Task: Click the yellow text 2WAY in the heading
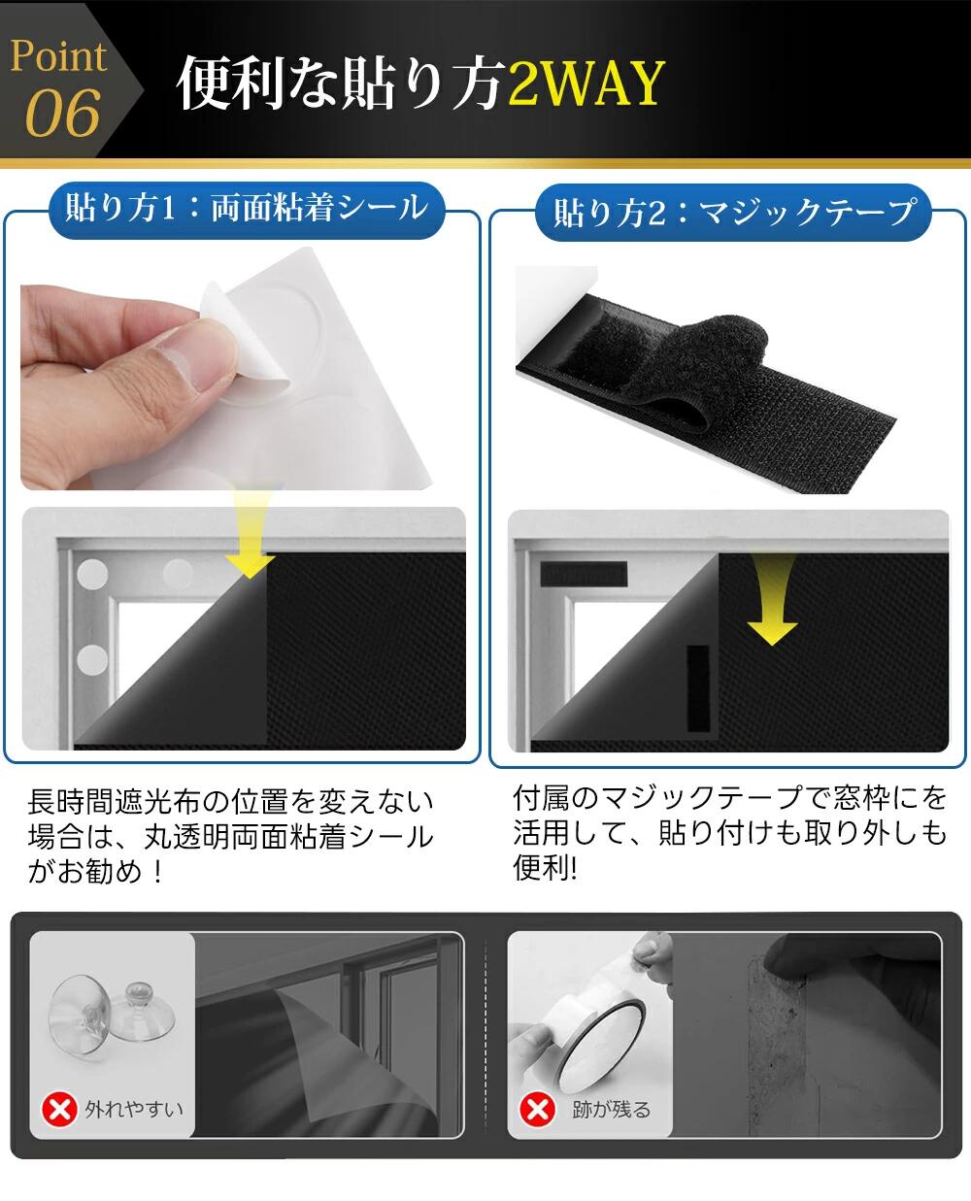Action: click(586, 83)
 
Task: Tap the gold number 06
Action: click(62, 114)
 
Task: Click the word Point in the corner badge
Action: click(58, 56)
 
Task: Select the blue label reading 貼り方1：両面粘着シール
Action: click(247, 210)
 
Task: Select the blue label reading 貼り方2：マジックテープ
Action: click(733, 213)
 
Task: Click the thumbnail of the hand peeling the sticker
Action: click(225, 369)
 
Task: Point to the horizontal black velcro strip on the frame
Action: click(584, 574)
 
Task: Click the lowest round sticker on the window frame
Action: click(92, 660)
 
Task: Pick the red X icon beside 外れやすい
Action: click(59, 1109)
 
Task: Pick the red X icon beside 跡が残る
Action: click(537, 1109)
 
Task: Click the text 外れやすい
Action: click(134, 1109)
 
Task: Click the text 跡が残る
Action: click(612, 1109)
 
